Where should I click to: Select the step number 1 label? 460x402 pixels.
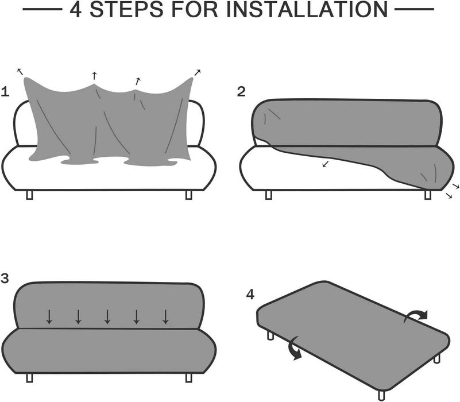[x=5, y=91]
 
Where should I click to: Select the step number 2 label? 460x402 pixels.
[x=241, y=91]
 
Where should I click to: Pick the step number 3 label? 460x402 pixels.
[x=5, y=279]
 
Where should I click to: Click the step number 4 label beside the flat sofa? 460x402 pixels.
[x=250, y=294]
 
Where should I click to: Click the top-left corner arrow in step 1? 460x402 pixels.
[x=20, y=71]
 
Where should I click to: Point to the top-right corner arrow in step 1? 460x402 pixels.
[x=198, y=72]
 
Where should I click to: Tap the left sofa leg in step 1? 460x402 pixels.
[x=30, y=195]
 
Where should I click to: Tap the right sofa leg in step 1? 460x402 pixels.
[x=188, y=195]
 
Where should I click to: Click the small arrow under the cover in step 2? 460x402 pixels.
[x=326, y=164]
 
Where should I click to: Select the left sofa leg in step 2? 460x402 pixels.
[x=268, y=195]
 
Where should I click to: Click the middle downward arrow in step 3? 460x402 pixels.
[x=107, y=316]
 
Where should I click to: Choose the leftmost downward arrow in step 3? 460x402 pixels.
[x=49, y=316]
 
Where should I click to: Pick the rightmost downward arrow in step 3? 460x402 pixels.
[x=165, y=316]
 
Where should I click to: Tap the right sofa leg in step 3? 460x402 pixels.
[x=188, y=377]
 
